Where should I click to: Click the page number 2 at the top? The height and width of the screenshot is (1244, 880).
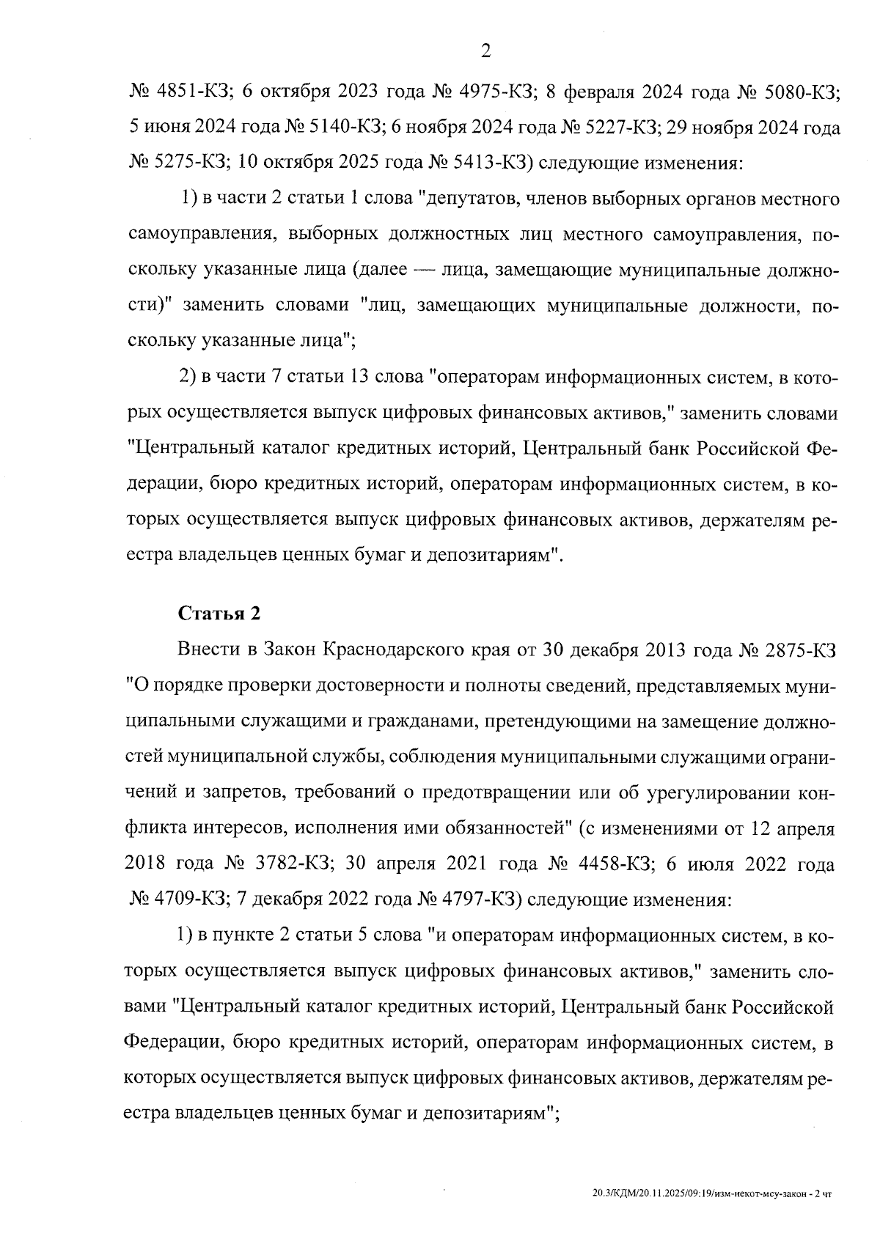pos(485,51)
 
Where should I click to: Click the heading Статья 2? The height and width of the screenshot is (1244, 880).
pos(219,614)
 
